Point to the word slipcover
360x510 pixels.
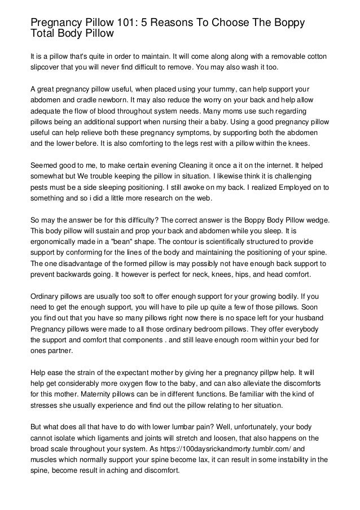click(x=48, y=68)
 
